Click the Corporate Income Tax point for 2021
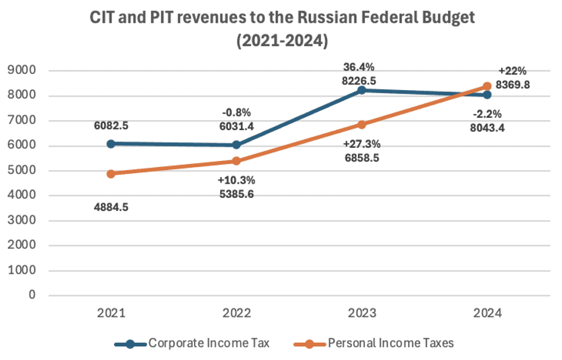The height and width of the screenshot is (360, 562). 111,144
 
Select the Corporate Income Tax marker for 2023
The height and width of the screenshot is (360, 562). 361,90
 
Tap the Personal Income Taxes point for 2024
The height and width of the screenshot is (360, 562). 486,86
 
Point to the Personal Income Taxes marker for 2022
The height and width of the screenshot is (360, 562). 236,161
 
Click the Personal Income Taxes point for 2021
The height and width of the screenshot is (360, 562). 111,174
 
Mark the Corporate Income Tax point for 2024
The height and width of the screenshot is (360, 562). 486,95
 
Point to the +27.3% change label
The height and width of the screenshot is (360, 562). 361,144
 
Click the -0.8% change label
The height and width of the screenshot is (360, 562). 236,113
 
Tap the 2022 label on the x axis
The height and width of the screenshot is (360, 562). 236,313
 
